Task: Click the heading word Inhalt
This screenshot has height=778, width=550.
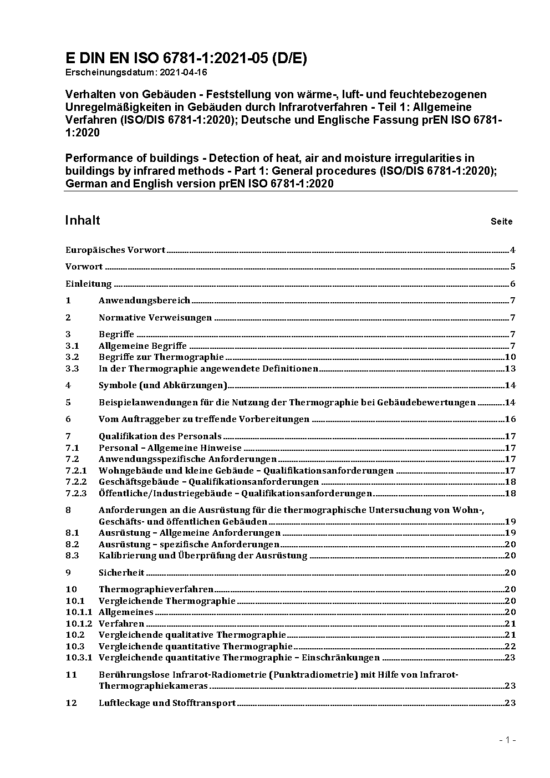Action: click(x=83, y=220)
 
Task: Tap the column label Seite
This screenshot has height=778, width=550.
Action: click(x=501, y=222)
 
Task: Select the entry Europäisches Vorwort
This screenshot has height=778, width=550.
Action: click(x=115, y=250)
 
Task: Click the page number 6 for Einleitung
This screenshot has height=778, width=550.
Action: click(x=513, y=284)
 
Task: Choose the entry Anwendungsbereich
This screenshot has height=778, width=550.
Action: click(x=144, y=301)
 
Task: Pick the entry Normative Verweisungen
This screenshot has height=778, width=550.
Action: click(x=155, y=318)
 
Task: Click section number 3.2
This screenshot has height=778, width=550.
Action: click(x=72, y=357)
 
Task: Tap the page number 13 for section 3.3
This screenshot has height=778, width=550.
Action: click(x=510, y=369)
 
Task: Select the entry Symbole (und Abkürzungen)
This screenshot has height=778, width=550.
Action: click(x=163, y=385)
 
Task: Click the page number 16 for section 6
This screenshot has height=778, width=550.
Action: click(x=510, y=419)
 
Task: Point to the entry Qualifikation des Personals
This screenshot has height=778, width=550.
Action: click(x=160, y=436)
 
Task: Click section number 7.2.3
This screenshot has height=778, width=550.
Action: click(x=76, y=493)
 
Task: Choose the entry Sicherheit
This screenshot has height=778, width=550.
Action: click(x=121, y=572)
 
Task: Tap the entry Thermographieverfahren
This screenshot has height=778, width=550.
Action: click(x=156, y=589)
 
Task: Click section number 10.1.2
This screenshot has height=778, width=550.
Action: click(x=79, y=623)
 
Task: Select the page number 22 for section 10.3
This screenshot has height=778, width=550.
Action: click(x=510, y=646)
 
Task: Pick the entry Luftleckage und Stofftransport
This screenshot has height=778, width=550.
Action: click(x=167, y=703)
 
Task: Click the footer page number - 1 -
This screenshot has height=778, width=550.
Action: click(x=507, y=740)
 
